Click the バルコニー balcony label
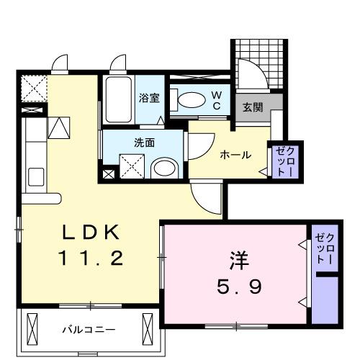click(x=88, y=330)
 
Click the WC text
click(x=215, y=100)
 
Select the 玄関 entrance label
click(x=251, y=108)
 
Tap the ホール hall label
click(x=235, y=154)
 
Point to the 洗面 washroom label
click(x=144, y=142)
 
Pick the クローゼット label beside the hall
click(x=281, y=162)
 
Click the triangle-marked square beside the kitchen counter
click(x=58, y=127)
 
